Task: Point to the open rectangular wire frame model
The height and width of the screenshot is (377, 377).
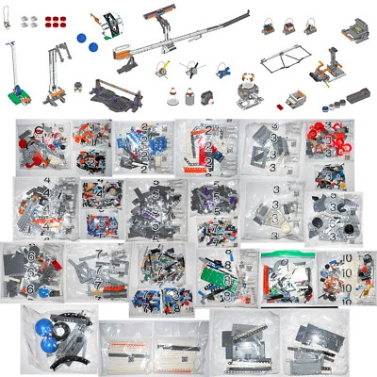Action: pyautogui.click(x=282, y=62)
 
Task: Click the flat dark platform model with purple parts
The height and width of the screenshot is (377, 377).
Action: pyautogui.click(x=115, y=91)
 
